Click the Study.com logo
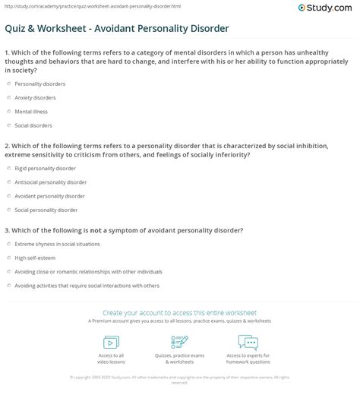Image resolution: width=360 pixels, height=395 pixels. (x=330, y=10)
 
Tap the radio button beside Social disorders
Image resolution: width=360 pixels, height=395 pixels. (x=8, y=126)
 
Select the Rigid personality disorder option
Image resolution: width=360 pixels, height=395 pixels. (x=46, y=168)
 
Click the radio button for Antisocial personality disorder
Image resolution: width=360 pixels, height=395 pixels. (x=8, y=182)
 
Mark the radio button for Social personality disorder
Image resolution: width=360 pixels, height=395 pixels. (x=8, y=210)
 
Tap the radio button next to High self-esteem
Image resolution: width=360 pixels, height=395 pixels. (x=8, y=258)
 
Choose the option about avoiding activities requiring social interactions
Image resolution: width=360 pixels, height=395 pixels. (x=76, y=286)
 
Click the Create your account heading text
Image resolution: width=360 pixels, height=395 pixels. (x=180, y=312)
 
